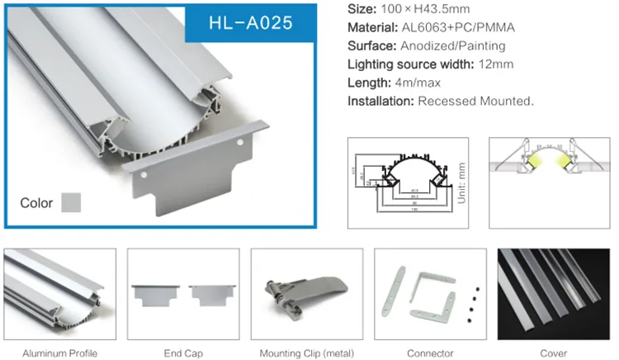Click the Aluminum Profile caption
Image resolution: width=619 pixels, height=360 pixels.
pyautogui.click(x=59, y=353)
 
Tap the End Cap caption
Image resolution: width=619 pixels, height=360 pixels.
pyautogui.click(x=183, y=353)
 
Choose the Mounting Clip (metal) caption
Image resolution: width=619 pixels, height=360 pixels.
pyautogui.click(x=307, y=353)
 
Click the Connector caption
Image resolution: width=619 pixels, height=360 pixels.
pyautogui.click(x=431, y=353)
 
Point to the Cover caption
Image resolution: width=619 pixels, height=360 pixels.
pyautogui.click(x=555, y=353)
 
